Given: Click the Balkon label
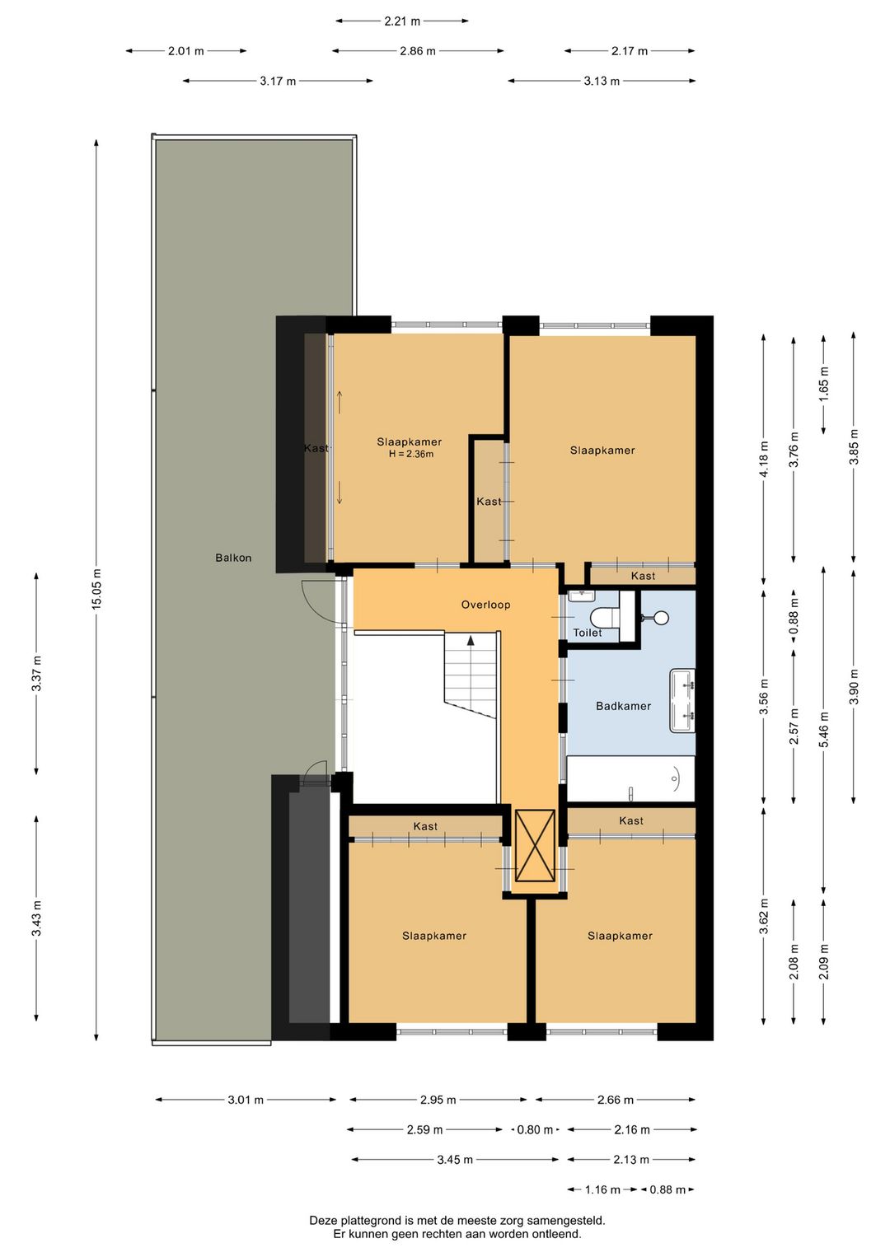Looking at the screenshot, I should (x=233, y=558).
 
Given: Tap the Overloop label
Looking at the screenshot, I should (x=485, y=605).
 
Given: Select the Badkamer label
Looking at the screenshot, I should (x=623, y=706).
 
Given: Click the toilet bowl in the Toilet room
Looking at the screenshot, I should (x=605, y=617).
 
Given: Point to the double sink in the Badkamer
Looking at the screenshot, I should (x=682, y=701).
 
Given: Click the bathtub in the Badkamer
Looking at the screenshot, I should (x=630, y=778).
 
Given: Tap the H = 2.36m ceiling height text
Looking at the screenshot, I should (x=411, y=454).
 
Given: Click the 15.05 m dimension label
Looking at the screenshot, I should (x=96, y=589).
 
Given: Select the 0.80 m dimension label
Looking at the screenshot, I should (x=535, y=1130).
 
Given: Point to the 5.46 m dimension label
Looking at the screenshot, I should (x=823, y=730).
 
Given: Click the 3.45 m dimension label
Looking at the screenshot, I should (x=455, y=1160).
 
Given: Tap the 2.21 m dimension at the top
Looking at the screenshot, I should (x=402, y=21).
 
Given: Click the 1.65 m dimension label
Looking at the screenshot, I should (x=823, y=384).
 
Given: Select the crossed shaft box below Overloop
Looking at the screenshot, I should (x=535, y=846).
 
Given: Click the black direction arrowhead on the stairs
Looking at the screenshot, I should (x=471, y=639).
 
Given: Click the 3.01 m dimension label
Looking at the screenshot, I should (x=246, y=1100).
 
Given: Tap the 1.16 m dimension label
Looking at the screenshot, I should (x=602, y=1189).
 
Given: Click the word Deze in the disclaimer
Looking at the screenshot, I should (x=323, y=1221).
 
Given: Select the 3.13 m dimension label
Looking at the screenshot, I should (x=602, y=81).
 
